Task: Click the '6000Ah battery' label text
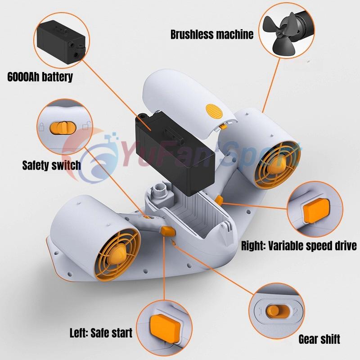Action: click(40, 76)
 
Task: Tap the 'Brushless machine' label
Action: click(212, 35)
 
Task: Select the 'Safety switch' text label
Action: click(51, 165)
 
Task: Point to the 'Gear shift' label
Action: click(319, 339)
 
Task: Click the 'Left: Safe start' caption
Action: click(101, 333)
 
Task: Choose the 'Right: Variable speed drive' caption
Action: click(299, 246)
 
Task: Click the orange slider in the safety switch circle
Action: click(63, 128)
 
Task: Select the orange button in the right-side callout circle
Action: click(316, 211)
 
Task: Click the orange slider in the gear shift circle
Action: click(278, 311)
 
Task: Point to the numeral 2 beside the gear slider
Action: click(296, 312)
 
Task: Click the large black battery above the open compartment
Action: click(175, 153)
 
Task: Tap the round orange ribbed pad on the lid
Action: click(214, 111)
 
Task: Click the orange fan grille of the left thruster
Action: click(117, 254)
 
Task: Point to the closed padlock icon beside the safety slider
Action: click(41, 127)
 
